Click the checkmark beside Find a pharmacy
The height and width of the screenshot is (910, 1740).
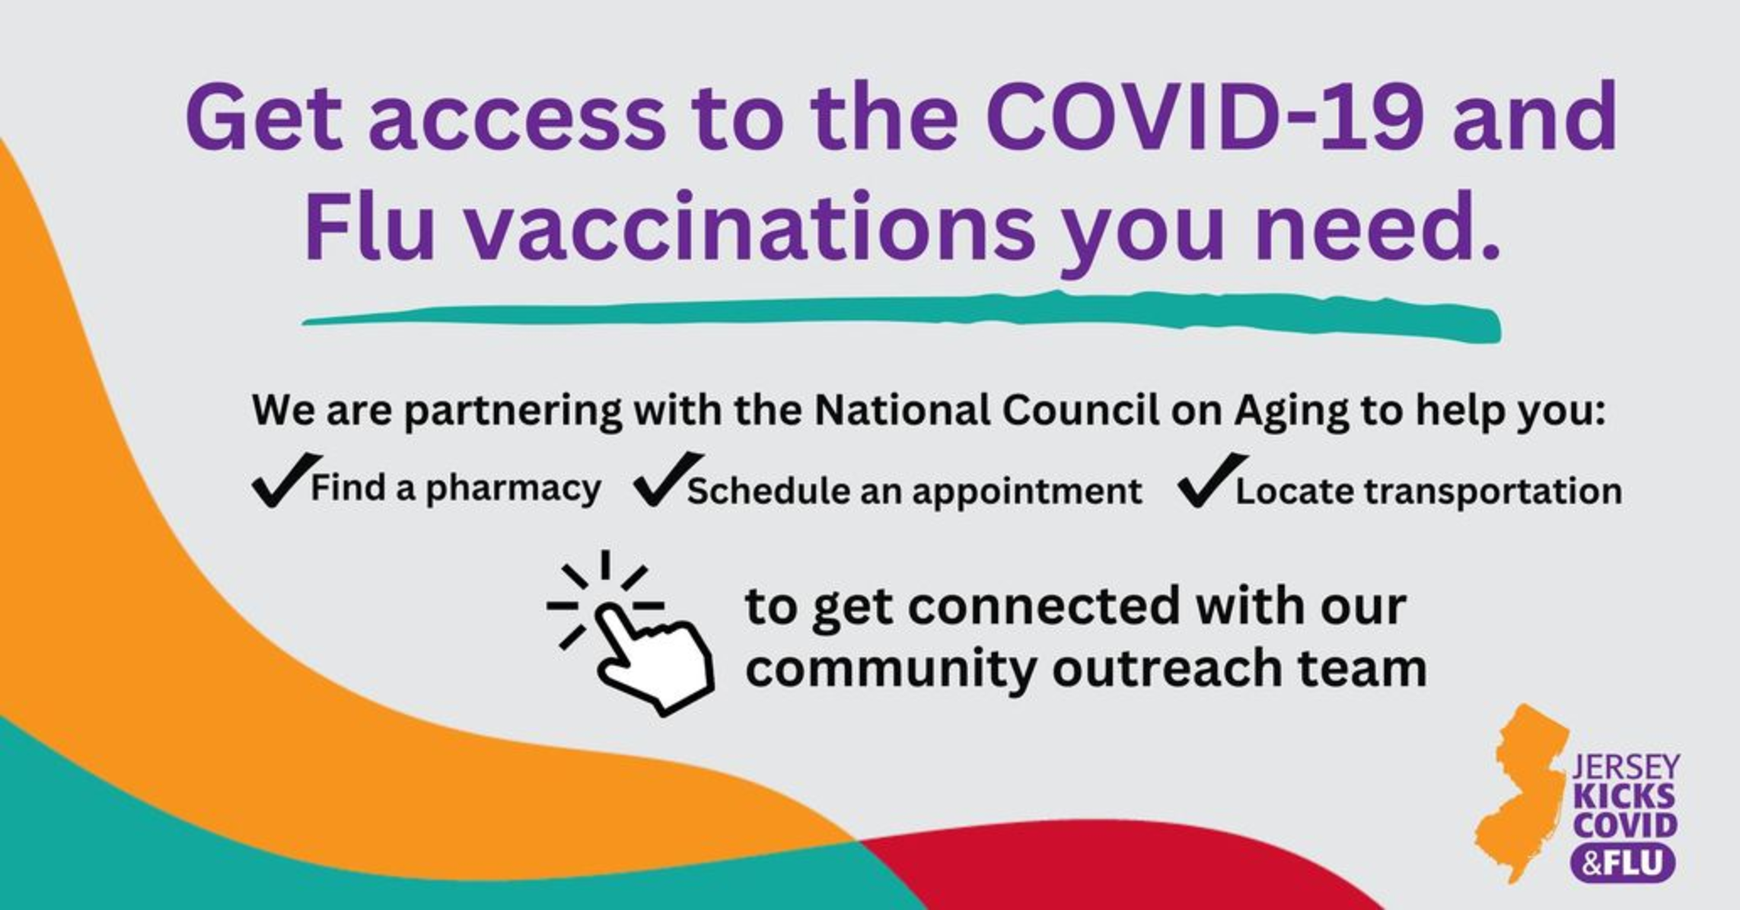pyautogui.click(x=285, y=480)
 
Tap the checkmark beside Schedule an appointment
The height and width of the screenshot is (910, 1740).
pyautogui.click(x=667, y=479)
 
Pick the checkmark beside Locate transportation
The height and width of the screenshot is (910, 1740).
pyautogui.click(x=1212, y=481)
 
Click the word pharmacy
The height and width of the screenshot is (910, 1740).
pyautogui.click(x=513, y=488)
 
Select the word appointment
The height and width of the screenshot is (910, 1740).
pyautogui.click(x=1027, y=492)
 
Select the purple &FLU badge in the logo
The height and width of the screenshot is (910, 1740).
pyautogui.click(x=1624, y=863)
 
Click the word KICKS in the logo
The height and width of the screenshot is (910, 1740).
pyautogui.click(x=1624, y=795)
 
